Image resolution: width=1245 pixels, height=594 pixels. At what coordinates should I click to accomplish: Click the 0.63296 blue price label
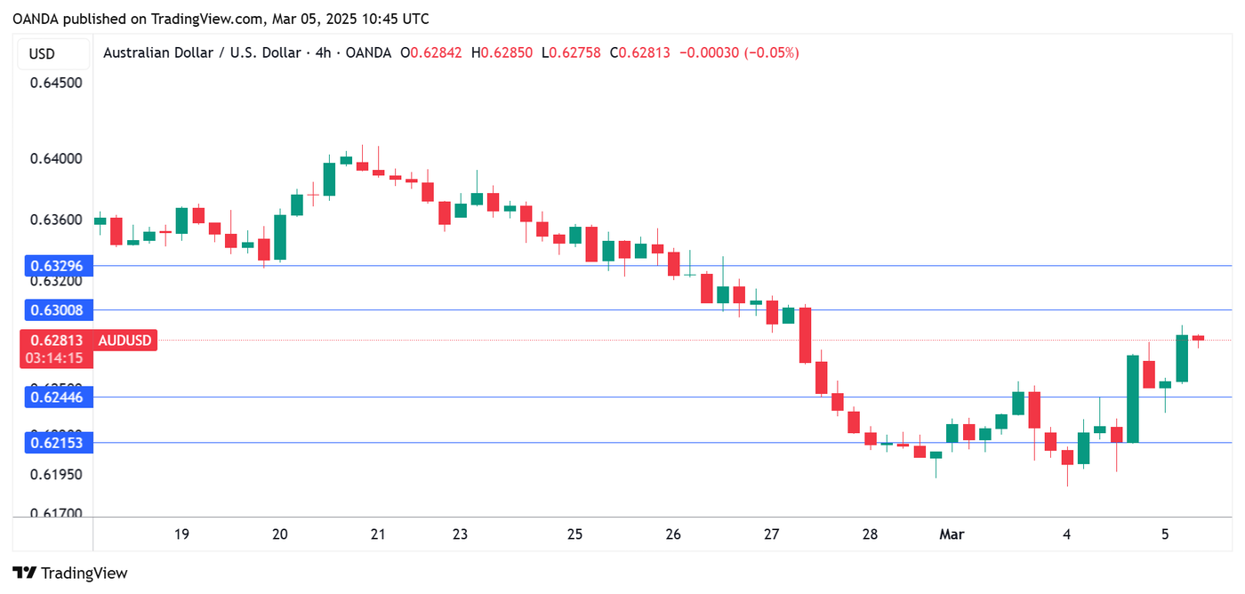pos(56,266)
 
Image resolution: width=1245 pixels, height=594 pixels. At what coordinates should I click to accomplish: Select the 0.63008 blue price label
pos(56,310)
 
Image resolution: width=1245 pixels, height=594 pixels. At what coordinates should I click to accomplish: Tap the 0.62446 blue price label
pos(56,397)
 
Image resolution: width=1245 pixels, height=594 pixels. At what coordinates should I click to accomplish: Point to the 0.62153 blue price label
pos(56,442)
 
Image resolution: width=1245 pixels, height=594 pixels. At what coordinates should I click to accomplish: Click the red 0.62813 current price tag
pos(56,341)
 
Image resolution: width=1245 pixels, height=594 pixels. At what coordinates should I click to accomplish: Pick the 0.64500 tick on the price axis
pos(56,83)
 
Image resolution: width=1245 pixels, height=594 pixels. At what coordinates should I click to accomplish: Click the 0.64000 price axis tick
pos(56,159)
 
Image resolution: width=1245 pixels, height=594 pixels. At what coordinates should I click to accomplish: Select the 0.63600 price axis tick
pos(56,221)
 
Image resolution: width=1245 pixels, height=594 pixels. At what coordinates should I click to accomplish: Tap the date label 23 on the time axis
pos(460,534)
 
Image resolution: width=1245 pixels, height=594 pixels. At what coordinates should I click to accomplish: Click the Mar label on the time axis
pos(952,534)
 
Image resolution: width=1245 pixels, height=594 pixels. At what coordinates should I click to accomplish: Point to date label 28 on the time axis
pos(870,534)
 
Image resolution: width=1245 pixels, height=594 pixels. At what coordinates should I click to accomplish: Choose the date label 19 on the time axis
pos(181,534)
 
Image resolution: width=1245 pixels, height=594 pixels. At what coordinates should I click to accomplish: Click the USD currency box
pos(42,53)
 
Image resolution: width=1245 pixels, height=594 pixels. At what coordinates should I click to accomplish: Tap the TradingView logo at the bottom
pos(70,574)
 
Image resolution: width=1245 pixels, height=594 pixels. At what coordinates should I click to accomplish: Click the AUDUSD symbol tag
pos(124,341)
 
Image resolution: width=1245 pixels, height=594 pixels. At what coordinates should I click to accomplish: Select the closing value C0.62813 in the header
pos(639,53)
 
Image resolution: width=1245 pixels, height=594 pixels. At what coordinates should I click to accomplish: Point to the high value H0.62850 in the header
pos(502,53)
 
